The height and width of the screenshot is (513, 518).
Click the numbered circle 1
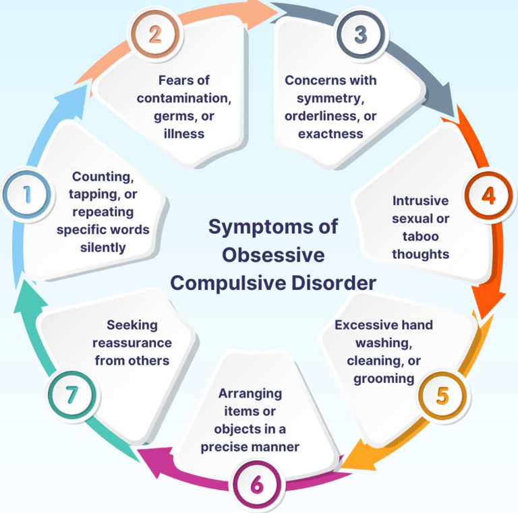[x=27, y=195]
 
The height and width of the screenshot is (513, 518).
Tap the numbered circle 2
[x=155, y=34]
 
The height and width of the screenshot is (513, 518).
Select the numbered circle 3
[x=361, y=34]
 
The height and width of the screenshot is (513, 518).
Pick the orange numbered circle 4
[x=488, y=195]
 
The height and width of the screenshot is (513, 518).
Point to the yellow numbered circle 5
[x=442, y=396]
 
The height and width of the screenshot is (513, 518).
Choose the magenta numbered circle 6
[x=257, y=485]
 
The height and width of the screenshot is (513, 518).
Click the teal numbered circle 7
[x=72, y=395]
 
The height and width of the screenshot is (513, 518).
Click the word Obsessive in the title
[x=273, y=255]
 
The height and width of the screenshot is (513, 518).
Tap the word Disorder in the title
[x=334, y=283]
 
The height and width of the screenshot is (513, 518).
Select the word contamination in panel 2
[x=184, y=98]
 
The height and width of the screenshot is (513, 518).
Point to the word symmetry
[x=330, y=98]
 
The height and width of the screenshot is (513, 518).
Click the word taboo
[x=421, y=237]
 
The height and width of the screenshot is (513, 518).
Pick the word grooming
[x=384, y=379]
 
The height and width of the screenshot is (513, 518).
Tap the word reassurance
[x=132, y=343]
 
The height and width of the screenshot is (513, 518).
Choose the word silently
[x=103, y=247]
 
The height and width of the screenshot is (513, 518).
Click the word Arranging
[x=250, y=394]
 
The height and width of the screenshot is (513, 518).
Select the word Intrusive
[x=421, y=201]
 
